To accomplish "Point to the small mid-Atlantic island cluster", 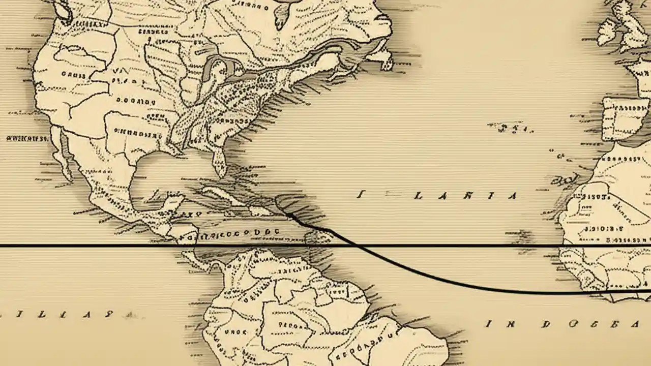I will click(511, 128).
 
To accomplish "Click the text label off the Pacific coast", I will click(26, 138).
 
